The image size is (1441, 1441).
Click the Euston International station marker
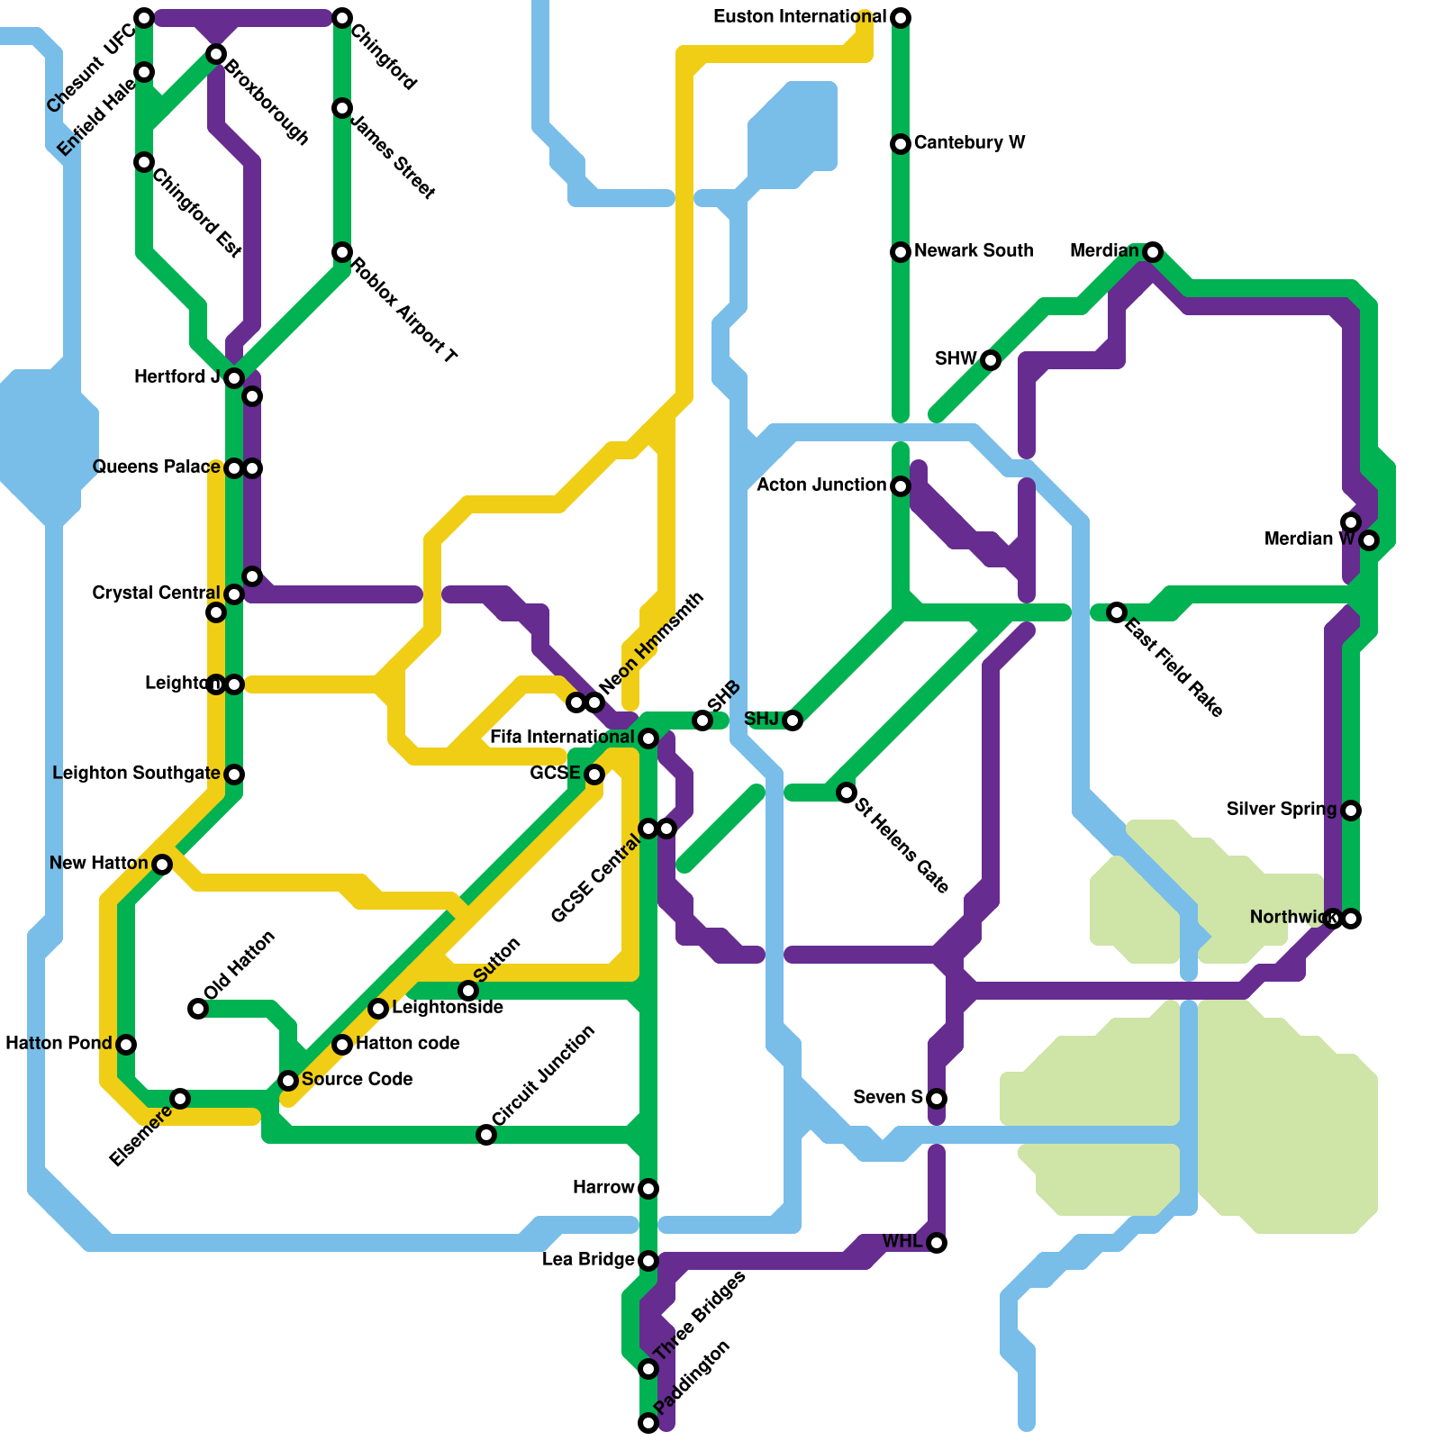(901, 18)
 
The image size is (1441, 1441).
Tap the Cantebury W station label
(969, 143)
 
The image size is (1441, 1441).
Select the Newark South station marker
(901, 252)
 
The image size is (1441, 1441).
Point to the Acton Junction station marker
(901, 486)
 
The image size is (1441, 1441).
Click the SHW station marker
(991, 360)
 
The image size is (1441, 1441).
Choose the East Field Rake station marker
(1117, 612)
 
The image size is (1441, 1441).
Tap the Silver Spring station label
(1282, 810)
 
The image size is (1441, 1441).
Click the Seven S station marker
(937, 1099)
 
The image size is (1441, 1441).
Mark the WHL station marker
(937, 1243)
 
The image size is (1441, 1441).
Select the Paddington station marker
(648, 1423)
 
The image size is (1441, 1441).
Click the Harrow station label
(603, 1188)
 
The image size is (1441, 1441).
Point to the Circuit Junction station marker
(486, 1135)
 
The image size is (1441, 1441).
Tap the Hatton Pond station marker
(126, 1045)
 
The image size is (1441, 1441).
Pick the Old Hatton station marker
(198, 1009)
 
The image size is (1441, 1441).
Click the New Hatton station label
(98, 864)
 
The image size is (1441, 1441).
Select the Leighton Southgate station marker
(234, 775)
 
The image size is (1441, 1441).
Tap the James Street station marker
(342, 108)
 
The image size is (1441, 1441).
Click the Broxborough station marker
(216, 54)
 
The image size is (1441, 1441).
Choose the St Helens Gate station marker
(847, 793)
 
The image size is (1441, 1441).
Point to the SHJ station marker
(793, 720)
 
